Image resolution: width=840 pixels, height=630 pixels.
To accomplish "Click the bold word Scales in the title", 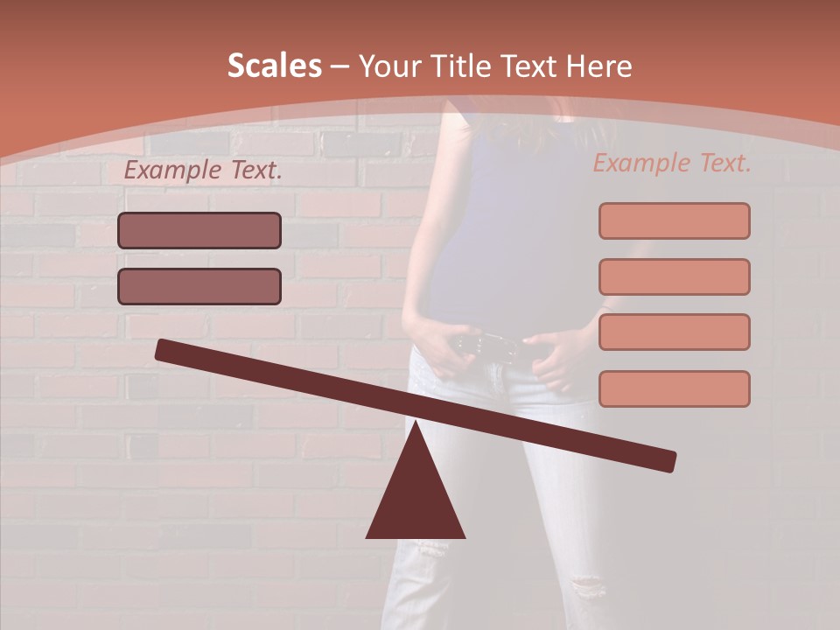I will pos(275,66).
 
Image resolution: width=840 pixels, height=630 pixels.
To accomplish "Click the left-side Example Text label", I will pos(203,171).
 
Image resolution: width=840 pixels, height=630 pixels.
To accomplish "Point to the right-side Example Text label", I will pos(672,163).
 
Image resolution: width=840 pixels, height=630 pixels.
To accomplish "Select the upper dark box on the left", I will pos(199,230).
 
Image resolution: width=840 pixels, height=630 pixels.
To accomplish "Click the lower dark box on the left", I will pos(199,286).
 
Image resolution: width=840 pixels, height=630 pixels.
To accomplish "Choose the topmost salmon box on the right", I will pos(674,220).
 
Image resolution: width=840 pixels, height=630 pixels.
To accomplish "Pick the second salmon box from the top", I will pos(674,276).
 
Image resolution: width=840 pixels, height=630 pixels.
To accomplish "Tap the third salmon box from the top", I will pos(674,332).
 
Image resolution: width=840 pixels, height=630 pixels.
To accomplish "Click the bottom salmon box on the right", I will pos(674,388).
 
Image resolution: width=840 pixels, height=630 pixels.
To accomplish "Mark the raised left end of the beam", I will pos(163,349).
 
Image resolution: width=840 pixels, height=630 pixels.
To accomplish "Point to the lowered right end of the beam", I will pos(668,460).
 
